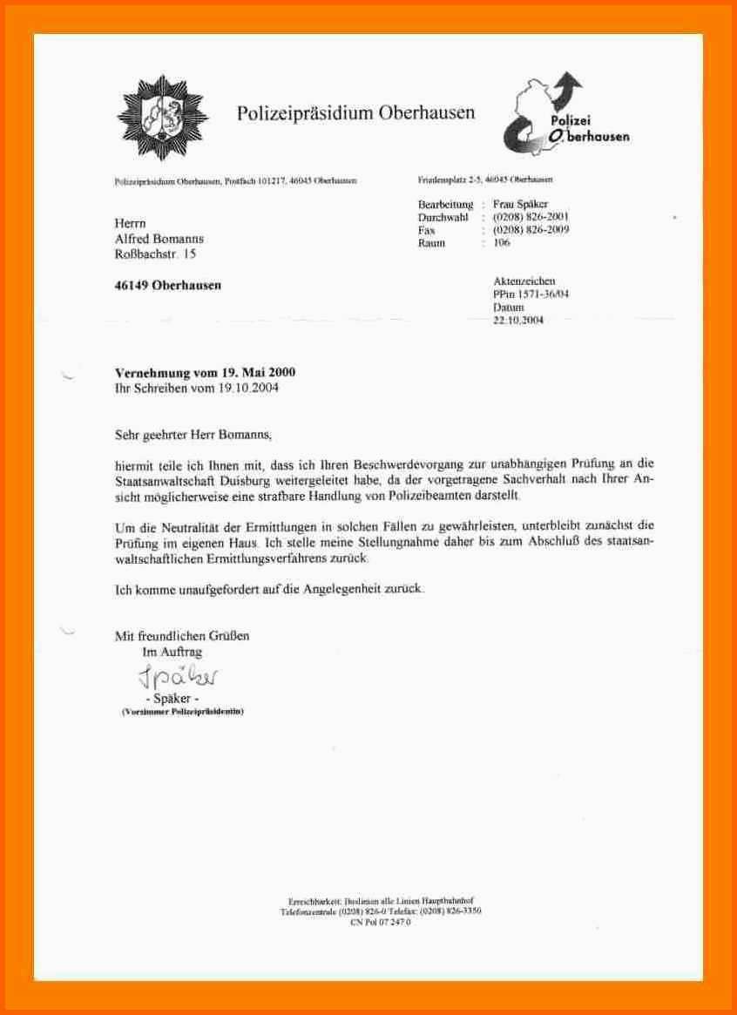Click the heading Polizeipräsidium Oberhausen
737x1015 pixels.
[x=356, y=112]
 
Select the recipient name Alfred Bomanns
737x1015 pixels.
[x=159, y=239]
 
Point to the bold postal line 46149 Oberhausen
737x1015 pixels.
[x=168, y=285]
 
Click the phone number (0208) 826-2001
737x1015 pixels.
[x=531, y=216]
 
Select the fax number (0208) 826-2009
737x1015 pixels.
[x=531, y=229]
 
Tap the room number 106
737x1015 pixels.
[x=502, y=243]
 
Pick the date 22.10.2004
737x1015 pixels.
[x=517, y=320]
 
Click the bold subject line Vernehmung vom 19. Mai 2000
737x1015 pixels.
[x=206, y=373]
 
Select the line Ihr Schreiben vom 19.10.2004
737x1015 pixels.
[x=199, y=388]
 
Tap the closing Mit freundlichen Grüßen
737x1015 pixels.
[x=182, y=636]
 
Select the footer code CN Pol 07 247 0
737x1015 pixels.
[x=380, y=921]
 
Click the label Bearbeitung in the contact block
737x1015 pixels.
[x=445, y=204]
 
